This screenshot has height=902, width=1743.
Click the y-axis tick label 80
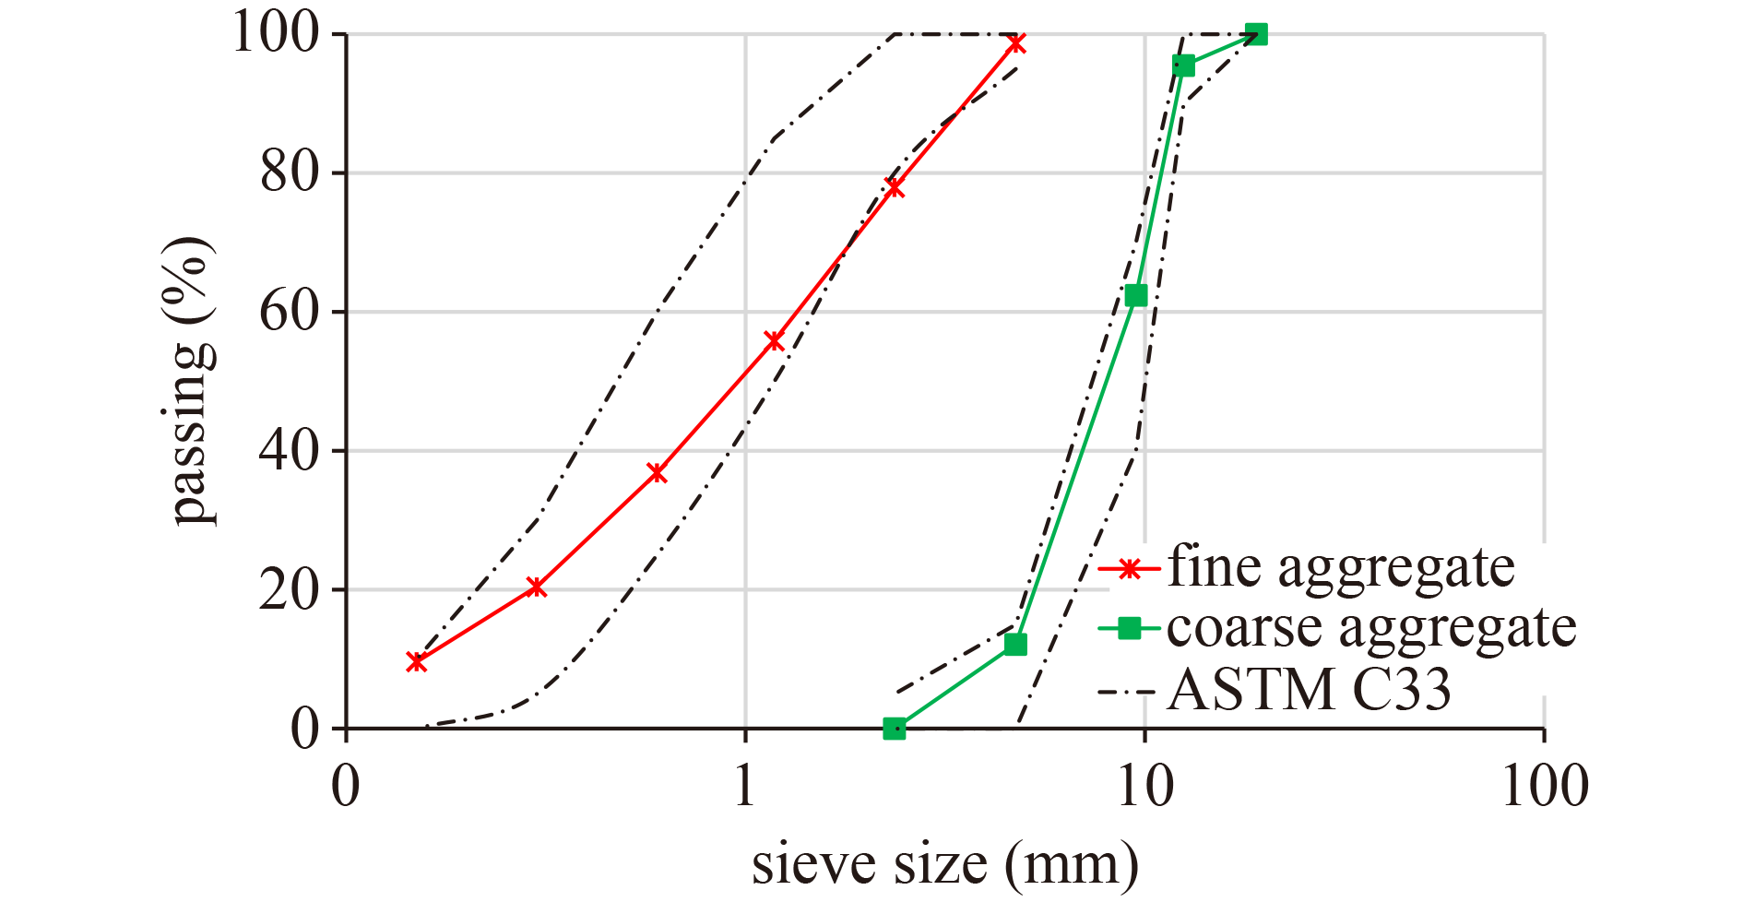(x=290, y=172)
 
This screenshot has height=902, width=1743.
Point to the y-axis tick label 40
(x=290, y=451)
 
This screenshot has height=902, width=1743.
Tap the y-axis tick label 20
(x=290, y=590)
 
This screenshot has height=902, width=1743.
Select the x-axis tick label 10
(x=1144, y=787)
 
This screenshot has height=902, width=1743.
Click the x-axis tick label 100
(x=1545, y=787)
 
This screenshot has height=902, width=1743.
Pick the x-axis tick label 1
(x=744, y=787)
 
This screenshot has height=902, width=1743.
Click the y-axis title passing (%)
(x=191, y=380)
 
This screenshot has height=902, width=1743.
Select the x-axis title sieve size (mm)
(x=944, y=864)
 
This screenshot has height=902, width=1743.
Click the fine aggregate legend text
(x=1341, y=566)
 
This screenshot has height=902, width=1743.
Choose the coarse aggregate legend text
(x=1371, y=627)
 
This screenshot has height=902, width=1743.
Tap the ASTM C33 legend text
(x=1310, y=689)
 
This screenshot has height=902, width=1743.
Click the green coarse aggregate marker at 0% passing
(x=894, y=729)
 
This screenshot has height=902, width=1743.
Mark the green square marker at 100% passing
(x=1256, y=35)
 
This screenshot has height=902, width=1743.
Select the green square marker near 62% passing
(x=1136, y=295)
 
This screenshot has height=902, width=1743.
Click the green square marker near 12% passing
(x=1015, y=644)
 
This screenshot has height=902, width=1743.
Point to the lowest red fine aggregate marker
(x=417, y=661)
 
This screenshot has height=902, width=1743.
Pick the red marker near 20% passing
(x=536, y=587)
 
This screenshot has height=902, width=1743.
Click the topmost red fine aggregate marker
(x=1016, y=43)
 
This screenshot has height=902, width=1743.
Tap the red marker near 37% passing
(x=657, y=472)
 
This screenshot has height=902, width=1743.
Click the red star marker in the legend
(x=1127, y=568)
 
